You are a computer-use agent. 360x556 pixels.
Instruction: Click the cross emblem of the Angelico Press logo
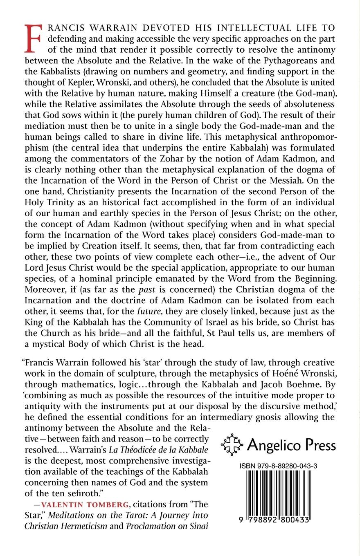[x=232, y=444]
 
